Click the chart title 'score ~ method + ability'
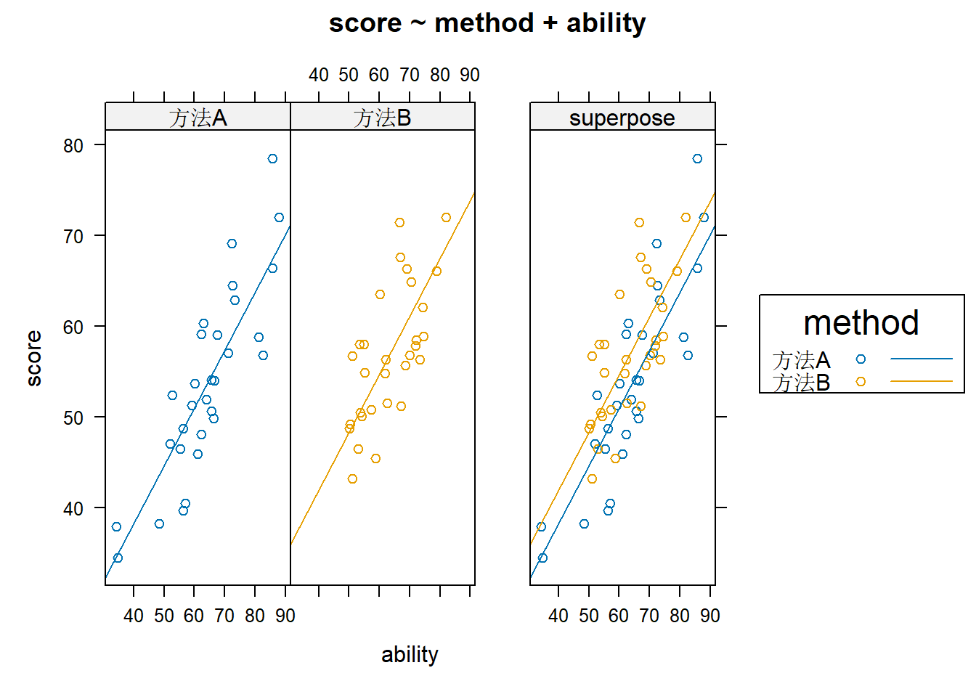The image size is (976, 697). click(x=487, y=23)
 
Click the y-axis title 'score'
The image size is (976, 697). click(x=33, y=358)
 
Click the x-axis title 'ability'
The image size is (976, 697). click(x=410, y=654)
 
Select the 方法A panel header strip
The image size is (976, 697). click(x=198, y=117)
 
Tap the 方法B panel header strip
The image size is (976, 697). click(x=382, y=117)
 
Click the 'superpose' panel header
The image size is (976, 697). click(x=622, y=117)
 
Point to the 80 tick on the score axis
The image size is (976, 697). click(x=73, y=145)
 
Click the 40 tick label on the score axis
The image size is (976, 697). click(x=73, y=508)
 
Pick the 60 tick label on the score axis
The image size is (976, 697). click(x=73, y=327)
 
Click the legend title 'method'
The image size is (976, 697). click(x=861, y=323)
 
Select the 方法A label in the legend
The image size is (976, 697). click(x=801, y=359)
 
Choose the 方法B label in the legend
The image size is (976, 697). click(x=801, y=382)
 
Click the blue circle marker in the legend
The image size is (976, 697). click(x=861, y=359)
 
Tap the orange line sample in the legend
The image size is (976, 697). click(x=921, y=381)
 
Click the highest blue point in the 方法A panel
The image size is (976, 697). click(x=272, y=158)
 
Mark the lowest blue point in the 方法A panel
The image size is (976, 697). click(x=118, y=558)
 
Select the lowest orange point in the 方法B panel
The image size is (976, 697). click(x=352, y=478)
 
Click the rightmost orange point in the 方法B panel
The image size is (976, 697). click(x=446, y=217)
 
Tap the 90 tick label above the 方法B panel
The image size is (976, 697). click(x=470, y=75)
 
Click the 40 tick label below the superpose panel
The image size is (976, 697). click(x=558, y=616)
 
